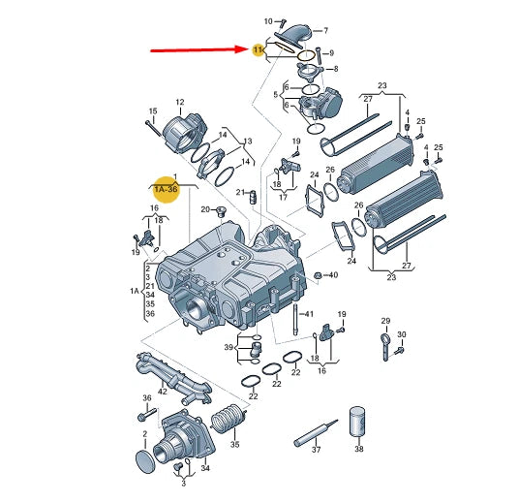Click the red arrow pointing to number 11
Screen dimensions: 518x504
199,50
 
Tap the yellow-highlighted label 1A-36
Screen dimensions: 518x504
166,189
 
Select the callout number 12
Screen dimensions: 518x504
180,102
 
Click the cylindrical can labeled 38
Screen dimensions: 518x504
357,422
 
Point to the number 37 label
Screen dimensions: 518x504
317,449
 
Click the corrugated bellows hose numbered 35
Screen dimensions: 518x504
227,419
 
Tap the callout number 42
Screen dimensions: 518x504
163,392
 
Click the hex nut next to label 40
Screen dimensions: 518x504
318,275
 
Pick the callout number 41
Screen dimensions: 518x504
309,313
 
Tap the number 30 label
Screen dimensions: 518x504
402,334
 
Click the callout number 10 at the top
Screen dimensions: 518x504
268,21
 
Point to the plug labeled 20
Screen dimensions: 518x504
222,211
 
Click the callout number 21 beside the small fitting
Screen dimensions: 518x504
240,192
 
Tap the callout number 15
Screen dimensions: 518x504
153,111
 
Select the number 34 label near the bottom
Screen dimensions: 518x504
205,468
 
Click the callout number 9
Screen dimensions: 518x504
331,52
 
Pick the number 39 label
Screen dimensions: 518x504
229,347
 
